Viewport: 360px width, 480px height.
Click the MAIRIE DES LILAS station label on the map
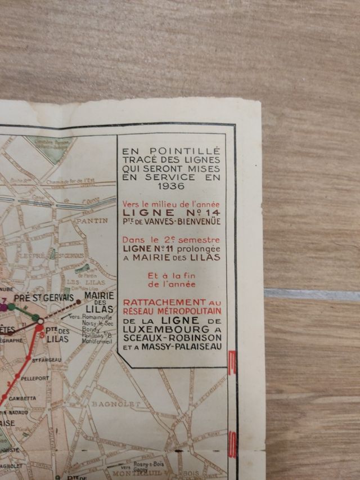[x=99, y=302]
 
